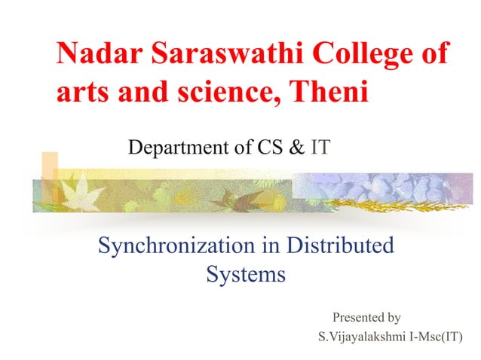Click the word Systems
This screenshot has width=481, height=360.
(246, 274)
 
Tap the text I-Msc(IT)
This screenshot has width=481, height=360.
(435, 336)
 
